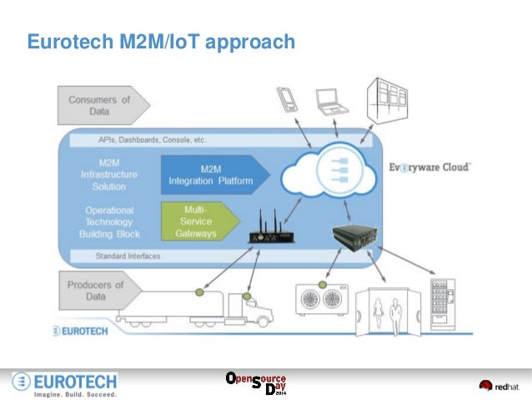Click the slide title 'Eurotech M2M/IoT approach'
coord(161,41)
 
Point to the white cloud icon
coord(332,172)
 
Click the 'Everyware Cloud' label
coord(430,167)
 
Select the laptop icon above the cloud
coord(330,101)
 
